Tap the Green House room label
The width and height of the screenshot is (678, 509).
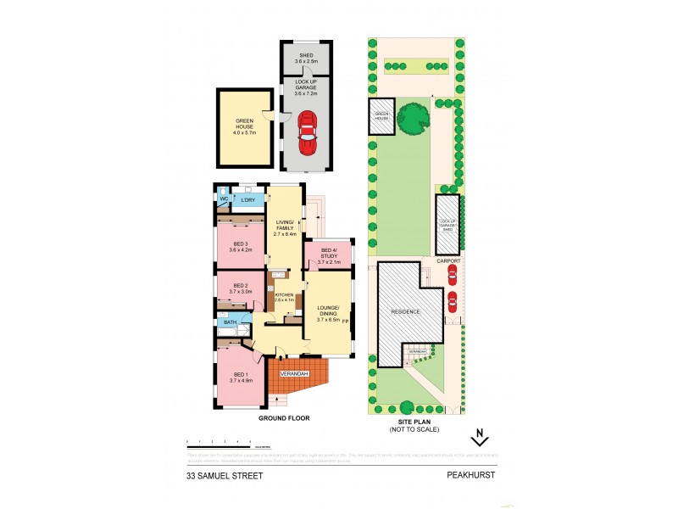(x=244, y=130)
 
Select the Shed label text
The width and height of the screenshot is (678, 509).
(x=306, y=58)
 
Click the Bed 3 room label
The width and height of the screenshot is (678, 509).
(x=242, y=247)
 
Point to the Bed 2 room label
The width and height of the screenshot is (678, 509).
(x=240, y=288)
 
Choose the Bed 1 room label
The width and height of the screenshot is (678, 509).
(x=241, y=378)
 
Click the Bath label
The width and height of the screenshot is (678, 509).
(x=228, y=322)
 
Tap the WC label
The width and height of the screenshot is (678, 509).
(x=224, y=200)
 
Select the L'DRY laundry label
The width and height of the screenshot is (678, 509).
(x=248, y=200)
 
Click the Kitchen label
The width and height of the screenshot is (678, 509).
(x=283, y=297)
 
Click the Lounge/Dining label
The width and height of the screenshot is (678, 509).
(x=328, y=313)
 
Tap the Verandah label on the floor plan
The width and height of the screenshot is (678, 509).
(x=292, y=374)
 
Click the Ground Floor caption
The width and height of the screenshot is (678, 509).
(x=284, y=418)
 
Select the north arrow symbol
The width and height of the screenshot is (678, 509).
(x=480, y=438)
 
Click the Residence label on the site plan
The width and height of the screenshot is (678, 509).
(x=405, y=311)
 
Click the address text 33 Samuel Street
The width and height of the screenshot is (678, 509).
(x=225, y=476)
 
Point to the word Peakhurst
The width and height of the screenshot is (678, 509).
(x=470, y=476)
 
